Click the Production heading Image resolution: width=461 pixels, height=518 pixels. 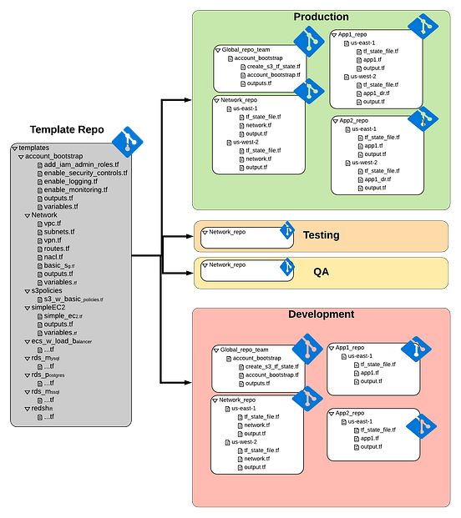pos(321,17)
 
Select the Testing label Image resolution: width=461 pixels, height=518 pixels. pos(321,236)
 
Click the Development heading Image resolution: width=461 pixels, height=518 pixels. pos(321,314)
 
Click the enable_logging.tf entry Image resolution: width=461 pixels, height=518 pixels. pos(71,181)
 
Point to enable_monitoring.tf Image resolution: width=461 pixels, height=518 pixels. pos(76,189)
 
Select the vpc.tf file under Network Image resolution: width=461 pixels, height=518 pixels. pos(53,224)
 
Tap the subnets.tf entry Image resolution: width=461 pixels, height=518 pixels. pos(59,232)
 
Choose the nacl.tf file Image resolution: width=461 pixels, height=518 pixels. pos(54,257)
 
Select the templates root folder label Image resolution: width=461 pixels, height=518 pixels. pos(36,148)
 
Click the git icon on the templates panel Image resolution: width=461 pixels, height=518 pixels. pos(128,140)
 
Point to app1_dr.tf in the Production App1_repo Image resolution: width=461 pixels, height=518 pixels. pos(381,93)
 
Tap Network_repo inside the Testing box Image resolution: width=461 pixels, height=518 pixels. pos(226,231)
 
